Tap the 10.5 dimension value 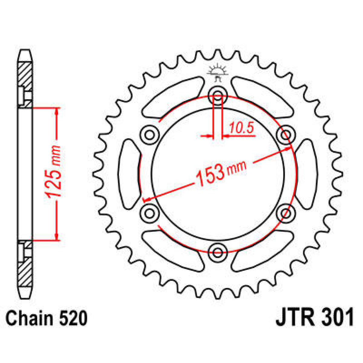pyautogui.click(x=241, y=128)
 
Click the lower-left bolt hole pyautogui.click(x=149, y=213)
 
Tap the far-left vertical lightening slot pyautogui.click(x=129, y=173)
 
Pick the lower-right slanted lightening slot pyautogui.click(x=262, y=250)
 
